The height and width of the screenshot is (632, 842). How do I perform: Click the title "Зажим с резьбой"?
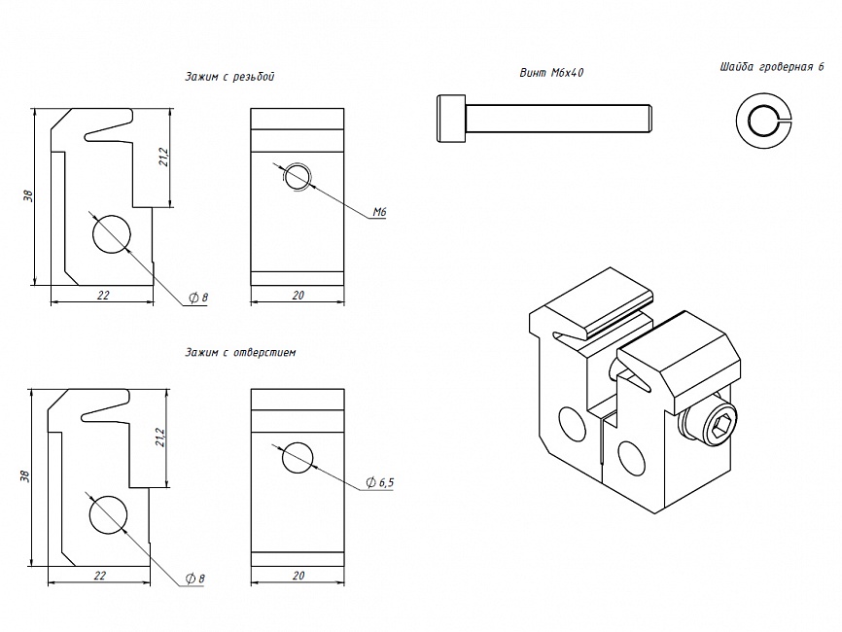tap(228, 76)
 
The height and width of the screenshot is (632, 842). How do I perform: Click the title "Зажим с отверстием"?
tap(238, 353)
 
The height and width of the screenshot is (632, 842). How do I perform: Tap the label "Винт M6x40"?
tap(551, 73)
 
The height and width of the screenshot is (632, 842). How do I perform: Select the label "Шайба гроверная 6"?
tap(771, 67)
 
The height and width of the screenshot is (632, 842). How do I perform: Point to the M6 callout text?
tap(379, 211)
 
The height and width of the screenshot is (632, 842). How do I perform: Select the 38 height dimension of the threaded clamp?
tap(29, 195)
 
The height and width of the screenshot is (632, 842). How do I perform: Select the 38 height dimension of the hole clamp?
tap(26, 475)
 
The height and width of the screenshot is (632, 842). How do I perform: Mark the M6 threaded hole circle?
tap(298, 177)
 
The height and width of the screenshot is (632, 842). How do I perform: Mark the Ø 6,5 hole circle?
tap(298, 456)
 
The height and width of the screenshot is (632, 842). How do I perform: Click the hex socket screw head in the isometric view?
tap(719, 426)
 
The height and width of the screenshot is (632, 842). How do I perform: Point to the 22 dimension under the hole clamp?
tap(99, 576)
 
